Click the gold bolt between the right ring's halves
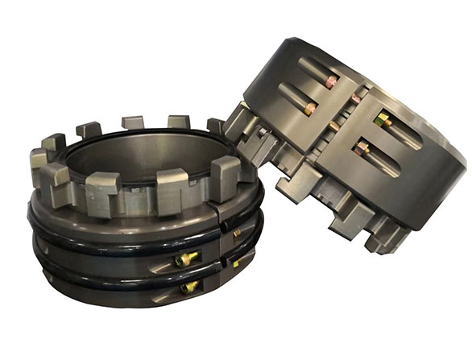coord(338,128)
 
